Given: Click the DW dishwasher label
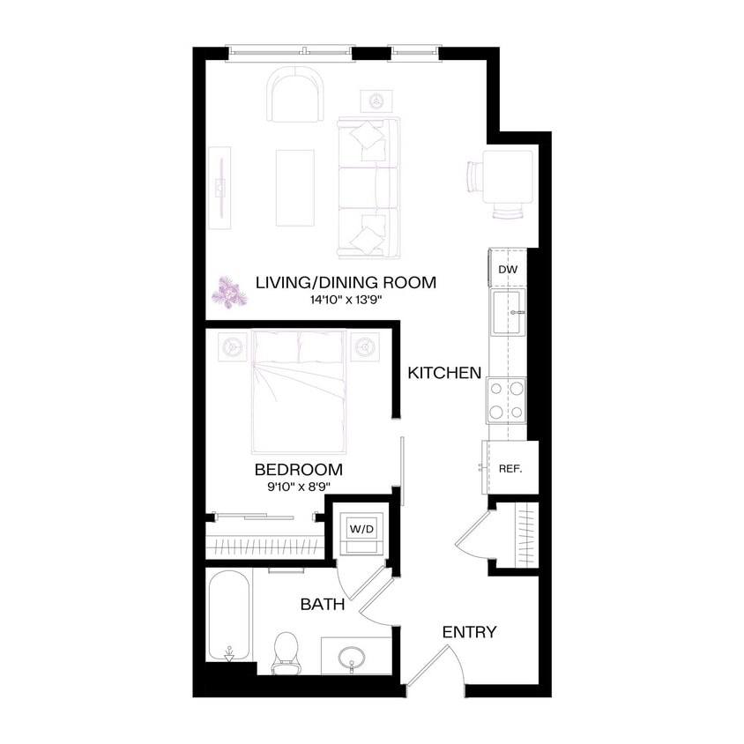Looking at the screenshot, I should [x=507, y=269].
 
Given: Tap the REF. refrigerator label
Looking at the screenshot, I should [x=510, y=468].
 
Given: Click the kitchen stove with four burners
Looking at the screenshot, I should [x=507, y=399].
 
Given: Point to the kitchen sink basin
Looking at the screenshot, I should [x=509, y=313].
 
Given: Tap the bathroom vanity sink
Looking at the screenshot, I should [x=355, y=657].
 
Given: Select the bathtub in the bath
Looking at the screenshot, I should [x=229, y=615].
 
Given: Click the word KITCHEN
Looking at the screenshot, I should [x=444, y=373].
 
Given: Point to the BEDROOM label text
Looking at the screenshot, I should [x=298, y=469].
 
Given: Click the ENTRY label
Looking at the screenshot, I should [x=469, y=632].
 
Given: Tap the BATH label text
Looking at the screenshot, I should [x=323, y=605].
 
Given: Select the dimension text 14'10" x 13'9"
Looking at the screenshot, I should [x=345, y=300].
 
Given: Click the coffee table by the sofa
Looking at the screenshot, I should [x=294, y=187].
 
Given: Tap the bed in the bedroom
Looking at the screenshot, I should [x=298, y=388].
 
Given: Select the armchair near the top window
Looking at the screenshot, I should [x=296, y=94].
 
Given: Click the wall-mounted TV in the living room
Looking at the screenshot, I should [x=219, y=187].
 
